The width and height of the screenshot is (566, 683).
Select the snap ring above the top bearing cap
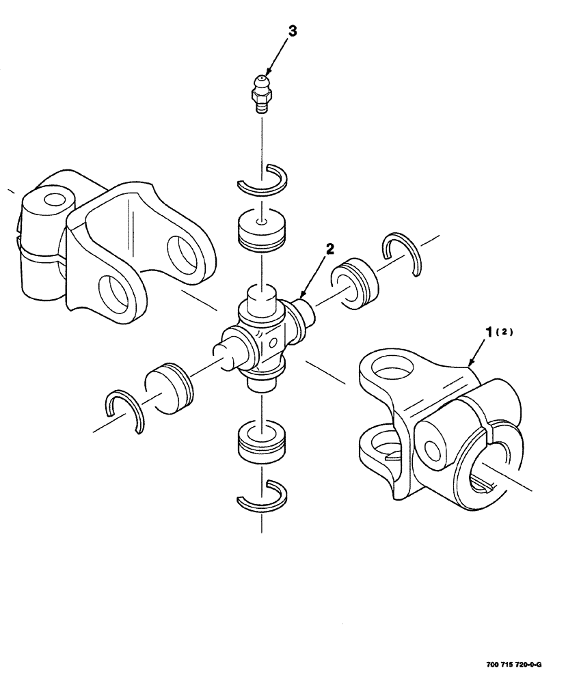pos(262,179)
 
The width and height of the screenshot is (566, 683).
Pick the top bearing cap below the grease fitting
pos(260,231)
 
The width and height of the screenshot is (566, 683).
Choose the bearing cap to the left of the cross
pos(170,389)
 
